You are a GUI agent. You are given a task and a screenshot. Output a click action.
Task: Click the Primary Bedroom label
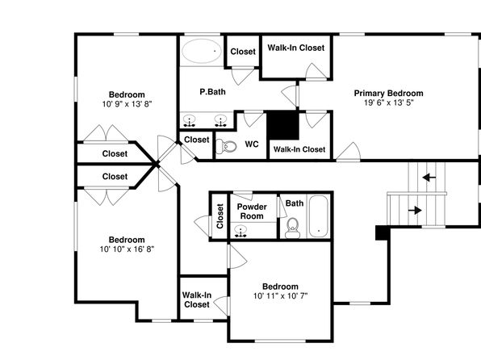[x=389, y=94]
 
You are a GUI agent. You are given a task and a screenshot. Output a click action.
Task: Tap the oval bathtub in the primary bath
[x=202, y=51]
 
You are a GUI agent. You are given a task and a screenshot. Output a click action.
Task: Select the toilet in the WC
[x=226, y=146]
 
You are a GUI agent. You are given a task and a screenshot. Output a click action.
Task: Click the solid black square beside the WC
[x=282, y=125]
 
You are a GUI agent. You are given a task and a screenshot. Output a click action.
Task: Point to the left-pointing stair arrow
[x=429, y=177]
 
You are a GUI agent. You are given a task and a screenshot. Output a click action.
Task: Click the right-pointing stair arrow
[x=415, y=210]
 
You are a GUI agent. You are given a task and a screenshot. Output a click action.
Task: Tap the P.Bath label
[x=212, y=92]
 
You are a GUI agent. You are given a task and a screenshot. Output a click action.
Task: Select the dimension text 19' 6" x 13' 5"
[x=389, y=103]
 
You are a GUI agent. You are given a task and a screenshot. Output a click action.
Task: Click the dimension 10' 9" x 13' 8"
[x=127, y=104]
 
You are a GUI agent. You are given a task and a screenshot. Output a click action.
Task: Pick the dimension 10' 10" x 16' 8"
[x=127, y=249]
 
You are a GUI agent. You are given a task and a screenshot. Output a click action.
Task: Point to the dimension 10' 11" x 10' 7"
[x=280, y=296]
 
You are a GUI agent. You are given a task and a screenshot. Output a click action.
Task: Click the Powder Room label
[x=252, y=211]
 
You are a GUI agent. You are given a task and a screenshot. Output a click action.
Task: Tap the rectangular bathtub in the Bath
[x=319, y=216]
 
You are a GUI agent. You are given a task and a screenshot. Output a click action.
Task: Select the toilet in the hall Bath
[x=292, y=228]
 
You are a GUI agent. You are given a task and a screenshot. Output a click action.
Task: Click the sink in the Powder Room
[x=240, y=231]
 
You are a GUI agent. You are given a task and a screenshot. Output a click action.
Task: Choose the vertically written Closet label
[x=220, y=216]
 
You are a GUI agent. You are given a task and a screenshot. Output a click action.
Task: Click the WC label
[x=252, y=144]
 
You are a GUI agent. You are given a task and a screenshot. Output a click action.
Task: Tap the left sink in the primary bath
[x=190, y=120]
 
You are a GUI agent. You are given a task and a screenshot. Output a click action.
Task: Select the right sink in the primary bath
[x=220, y=120]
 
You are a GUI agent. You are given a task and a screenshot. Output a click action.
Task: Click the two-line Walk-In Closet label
[x=197, y=299]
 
